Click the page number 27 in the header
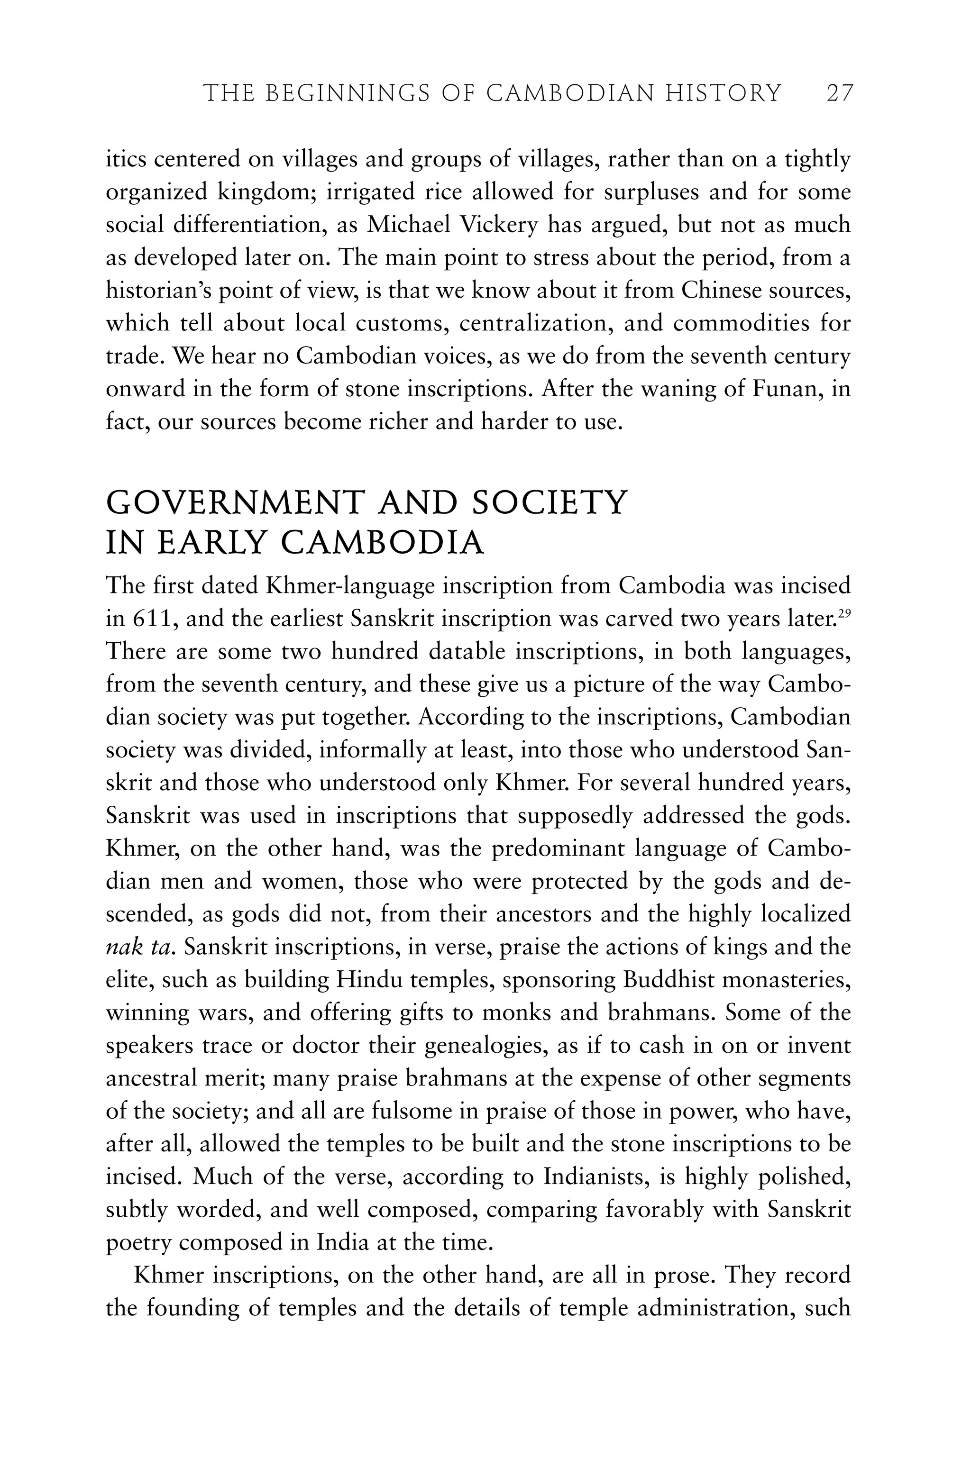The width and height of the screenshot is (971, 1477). [840, 94]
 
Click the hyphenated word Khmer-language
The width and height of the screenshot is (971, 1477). [343, 586]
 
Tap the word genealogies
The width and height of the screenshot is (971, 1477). [486, 1046]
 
